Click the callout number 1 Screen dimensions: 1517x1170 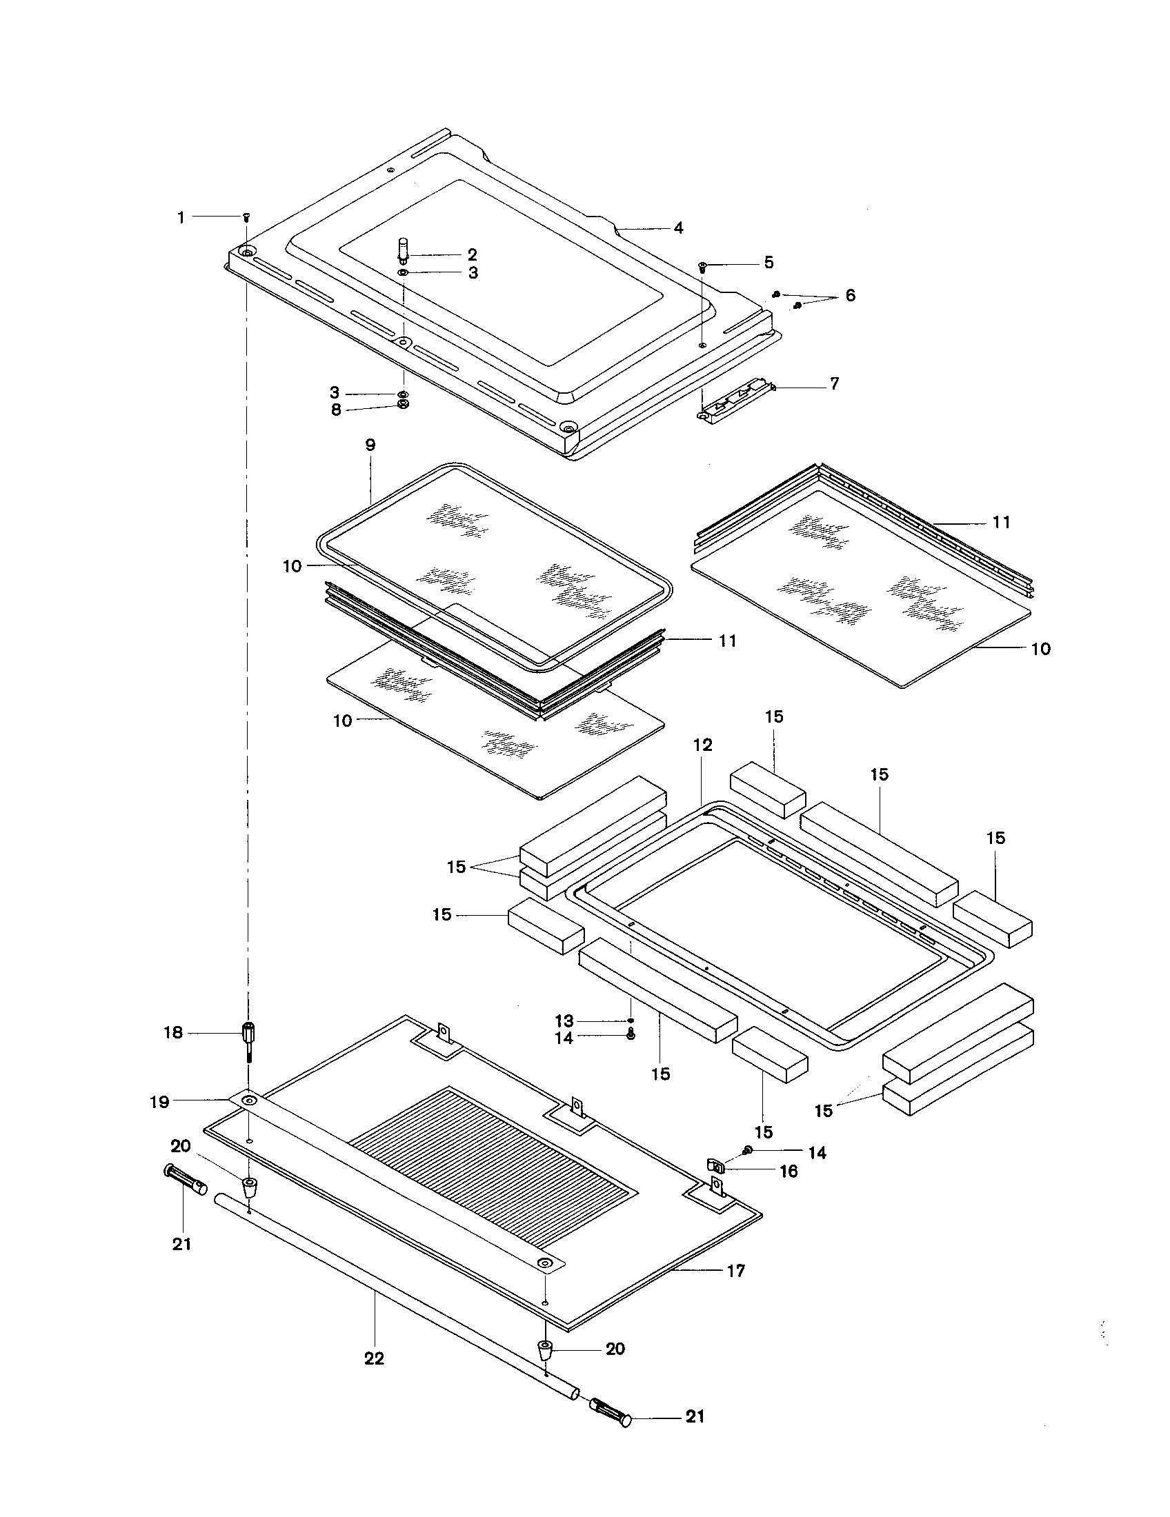(181, 217)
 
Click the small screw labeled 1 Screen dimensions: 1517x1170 (246, 218)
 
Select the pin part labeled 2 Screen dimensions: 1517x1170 (403, 248)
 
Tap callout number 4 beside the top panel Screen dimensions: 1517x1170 (678, 228)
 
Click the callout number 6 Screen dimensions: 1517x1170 (851, 295)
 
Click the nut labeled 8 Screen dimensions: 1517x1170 (403, 404)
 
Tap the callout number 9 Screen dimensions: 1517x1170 (370, 445)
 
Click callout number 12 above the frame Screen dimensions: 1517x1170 (703, 745)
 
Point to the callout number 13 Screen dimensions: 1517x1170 (564, 1021)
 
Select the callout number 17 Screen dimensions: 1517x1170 (736, 1270)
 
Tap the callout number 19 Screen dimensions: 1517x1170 (160, 1102)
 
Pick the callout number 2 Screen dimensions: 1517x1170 (473, 254)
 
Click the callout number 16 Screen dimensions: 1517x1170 (789, 1172)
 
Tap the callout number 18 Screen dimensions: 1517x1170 (173, 1033)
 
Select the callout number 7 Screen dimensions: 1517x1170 (835, 383)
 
